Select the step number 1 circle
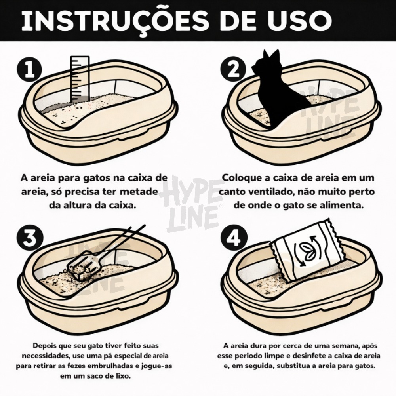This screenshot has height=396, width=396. pyautogui.click(x=29, y=69)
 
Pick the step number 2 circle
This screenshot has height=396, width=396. pyautogui.click(x=233, y=69)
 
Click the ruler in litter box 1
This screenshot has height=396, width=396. pyautogui.click(x=80, y=80)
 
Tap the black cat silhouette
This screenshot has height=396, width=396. pyautogui.click(x=280, y=88)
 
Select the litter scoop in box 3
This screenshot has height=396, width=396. pyautogui.click(x=101, y=255)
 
